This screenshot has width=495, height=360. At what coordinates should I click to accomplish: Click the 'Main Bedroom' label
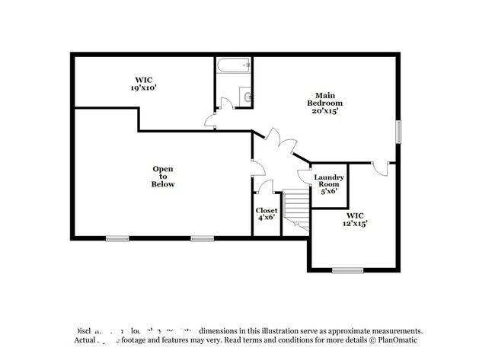click(x=324, y=98)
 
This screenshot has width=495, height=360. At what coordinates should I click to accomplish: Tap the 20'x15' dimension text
click(x=324, y=111)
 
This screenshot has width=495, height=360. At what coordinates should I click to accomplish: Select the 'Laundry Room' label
click(x=330, y=181)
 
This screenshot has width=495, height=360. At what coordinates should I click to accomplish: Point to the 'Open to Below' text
click(x=163, y=177)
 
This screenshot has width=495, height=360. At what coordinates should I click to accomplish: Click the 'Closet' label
click(x=267, y=210)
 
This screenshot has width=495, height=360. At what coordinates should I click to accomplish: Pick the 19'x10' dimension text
click(x=143, y=88)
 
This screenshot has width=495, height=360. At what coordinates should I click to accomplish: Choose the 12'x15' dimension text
click(x=355, y=224)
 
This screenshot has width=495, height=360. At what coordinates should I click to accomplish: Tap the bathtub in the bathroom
click(x=233, y=66)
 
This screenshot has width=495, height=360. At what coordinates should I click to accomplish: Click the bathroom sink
click(x=245, y=96)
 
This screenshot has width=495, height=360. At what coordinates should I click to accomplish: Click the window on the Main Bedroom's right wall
click(x=398, y=131)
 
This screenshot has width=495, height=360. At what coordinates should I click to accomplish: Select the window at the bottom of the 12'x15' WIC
click(x=347, y=270)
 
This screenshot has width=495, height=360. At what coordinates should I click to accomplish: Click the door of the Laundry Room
click(x=305, y=177)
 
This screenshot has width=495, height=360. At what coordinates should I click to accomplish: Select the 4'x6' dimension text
click(x=266, y=218)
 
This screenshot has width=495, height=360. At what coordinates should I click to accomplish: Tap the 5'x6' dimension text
click(x=329, y=191)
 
